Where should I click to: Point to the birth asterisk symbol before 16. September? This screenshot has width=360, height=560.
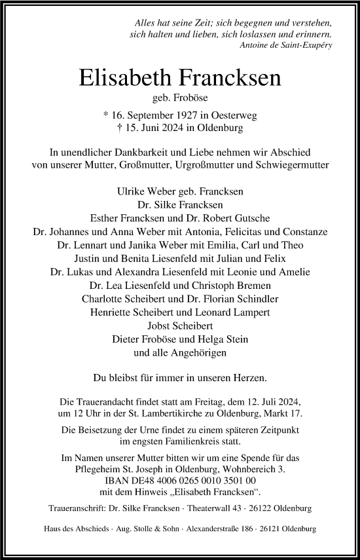(107, 114)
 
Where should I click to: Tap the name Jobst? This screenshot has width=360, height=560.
(160, 326)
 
